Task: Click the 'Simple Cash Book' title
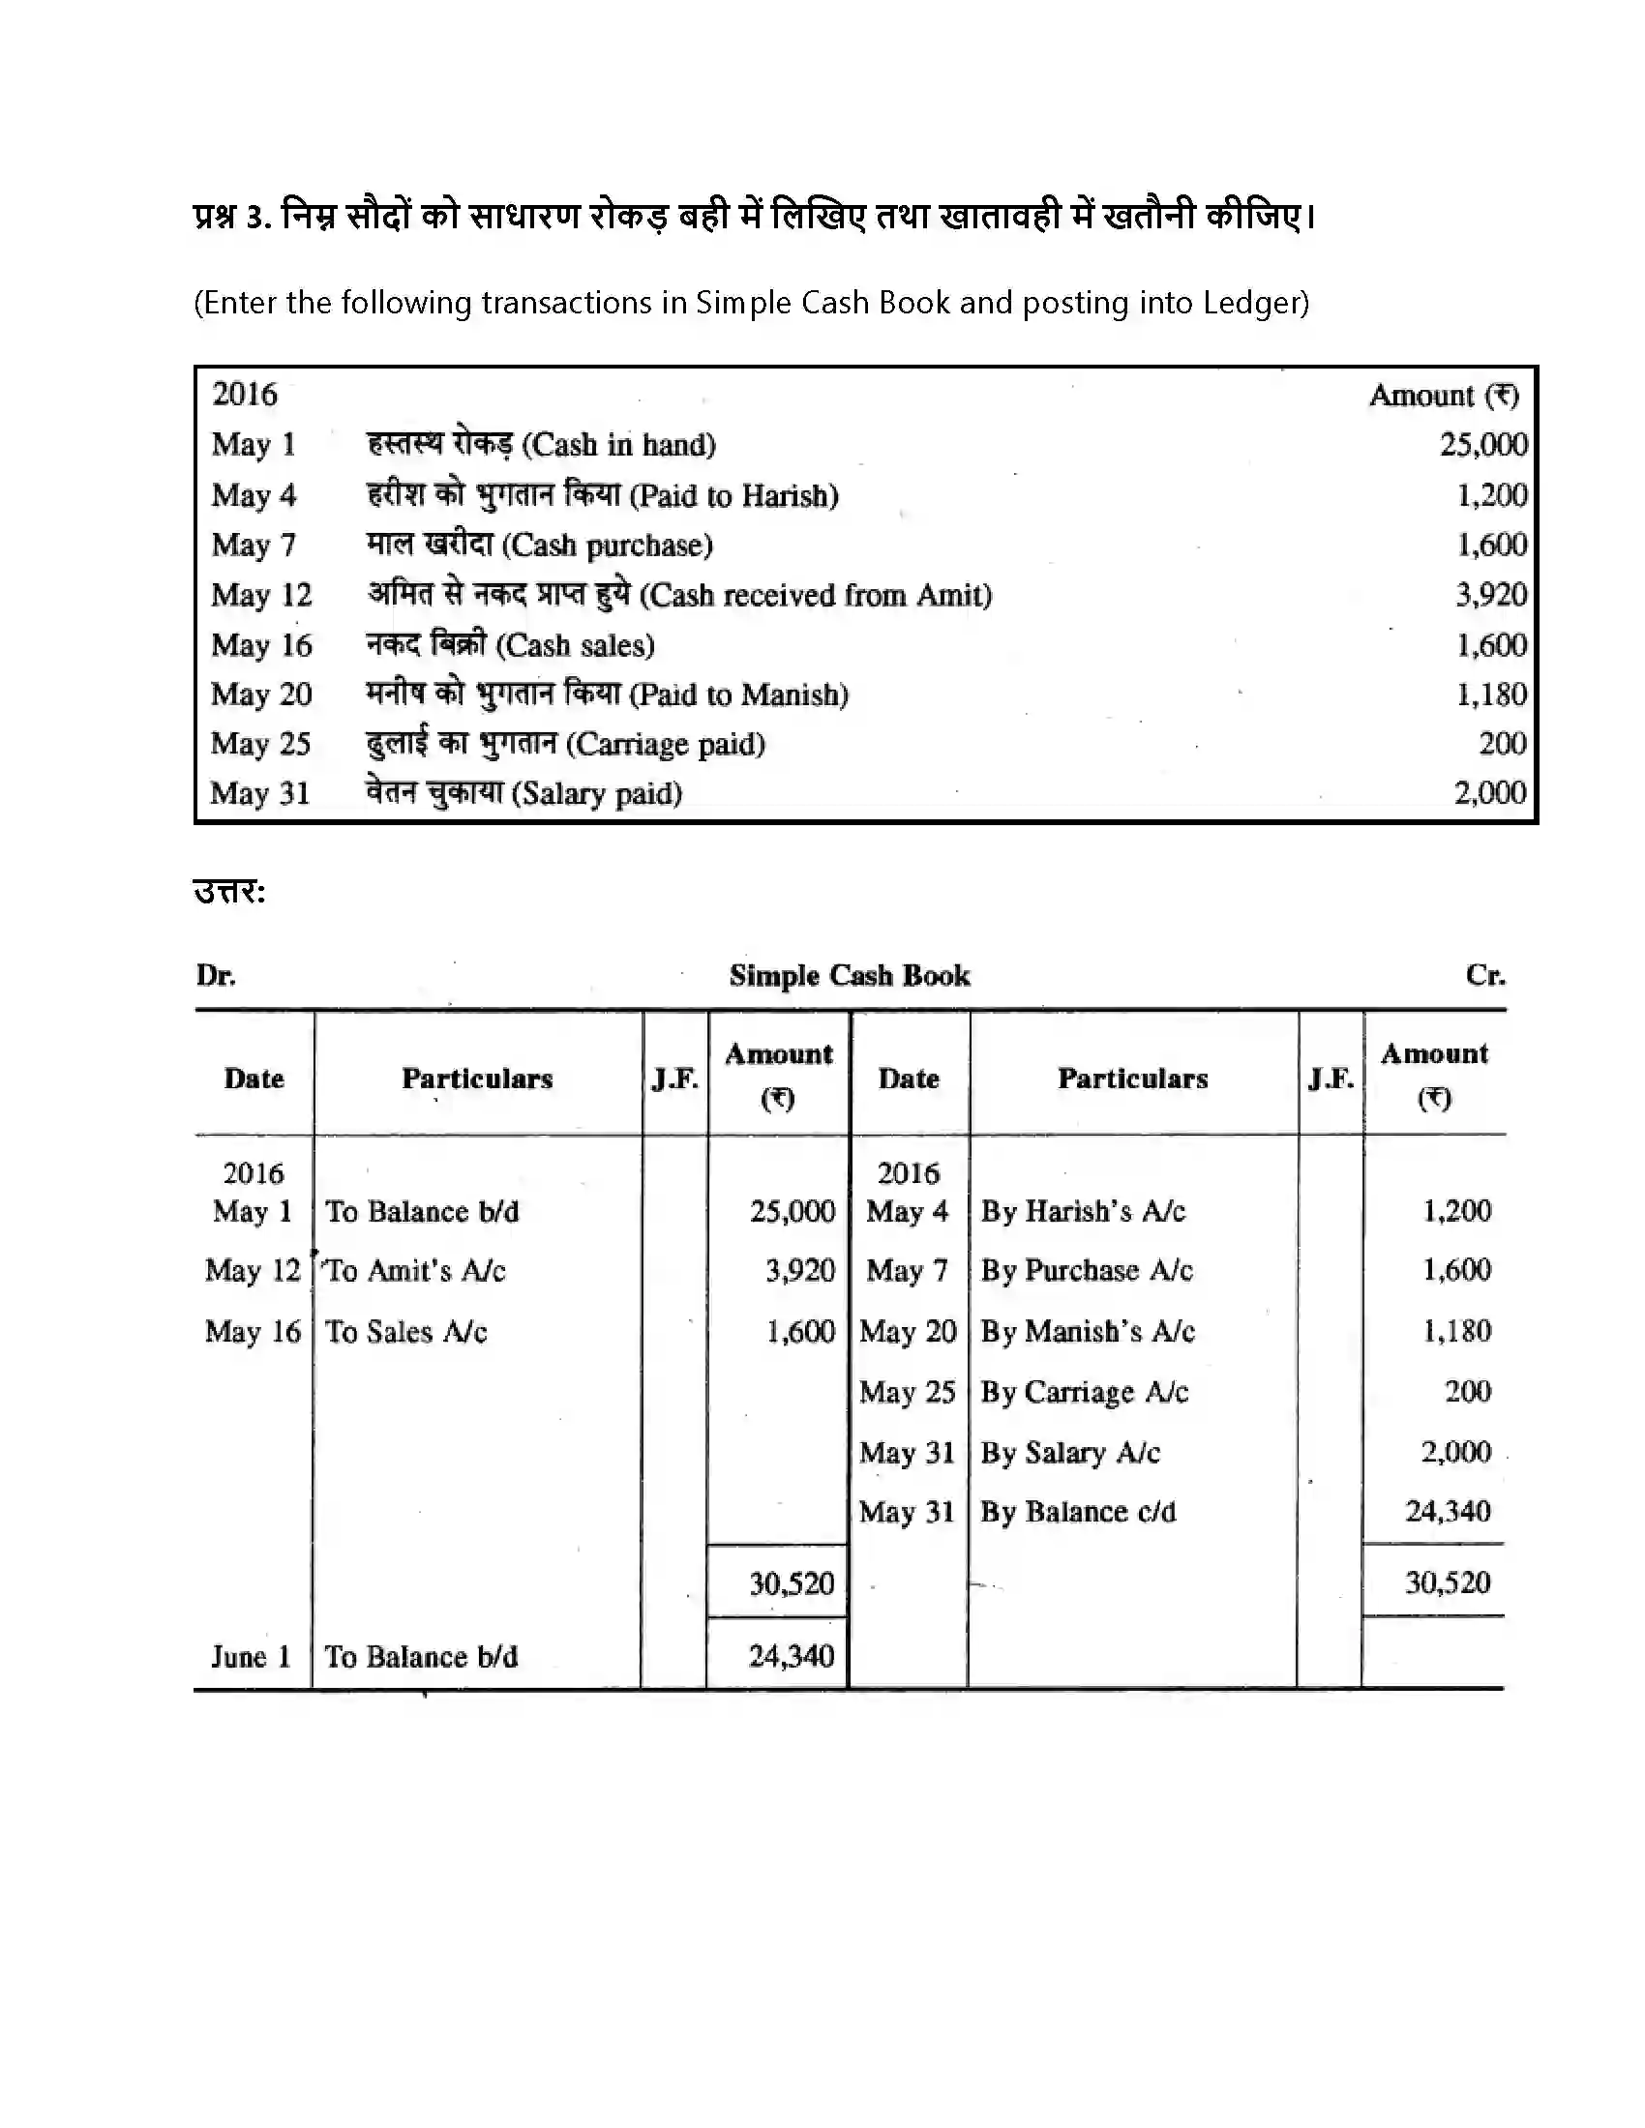tap(849, 975)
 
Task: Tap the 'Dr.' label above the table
tap(216, 975)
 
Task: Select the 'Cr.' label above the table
tap(1485, 975)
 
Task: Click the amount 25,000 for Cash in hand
tap(1483, 444)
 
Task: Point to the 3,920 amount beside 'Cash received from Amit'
tap(1491, 594)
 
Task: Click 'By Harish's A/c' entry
tap(1083, 1211)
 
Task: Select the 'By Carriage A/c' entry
tap(1084, 1392)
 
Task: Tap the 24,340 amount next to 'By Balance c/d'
tap(1448, 1511)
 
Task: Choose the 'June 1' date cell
tap(252, 1656)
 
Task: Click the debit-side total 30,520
tap(792, 1583)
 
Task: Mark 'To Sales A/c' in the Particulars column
tap(405, 1332)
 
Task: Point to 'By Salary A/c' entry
tap(1070, 1453)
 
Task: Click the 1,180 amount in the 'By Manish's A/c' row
tap(1457, 1331)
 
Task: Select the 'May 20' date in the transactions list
tap(261, 695)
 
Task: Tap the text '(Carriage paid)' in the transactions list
tap(667, 745)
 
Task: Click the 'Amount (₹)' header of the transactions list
tap(1444, 396)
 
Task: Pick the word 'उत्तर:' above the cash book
tap(230, 892)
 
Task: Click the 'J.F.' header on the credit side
tap(1331, 1079)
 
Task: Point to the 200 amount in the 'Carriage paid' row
tap(1502, 744)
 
